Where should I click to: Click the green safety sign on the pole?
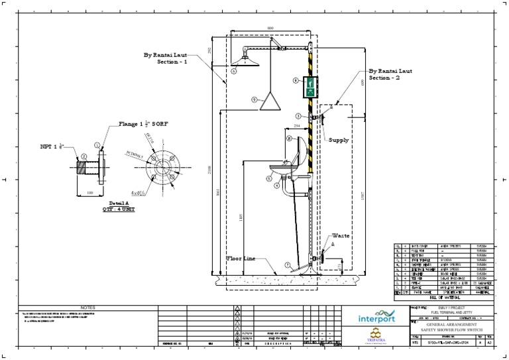[x=310, y=87]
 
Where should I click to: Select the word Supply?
[x=339, y=141]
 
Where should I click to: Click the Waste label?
[x=341, y=235]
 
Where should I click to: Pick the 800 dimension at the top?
[x=270, y=28]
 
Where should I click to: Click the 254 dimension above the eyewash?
[x=298, y=125]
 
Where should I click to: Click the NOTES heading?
[x=87, y=308]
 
